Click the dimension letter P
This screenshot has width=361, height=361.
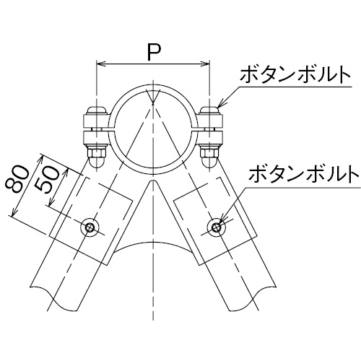[153, 53]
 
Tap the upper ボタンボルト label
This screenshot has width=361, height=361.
[295, 74]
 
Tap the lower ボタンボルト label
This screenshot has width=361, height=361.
[304, 173]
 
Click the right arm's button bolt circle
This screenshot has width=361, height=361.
[217, 227]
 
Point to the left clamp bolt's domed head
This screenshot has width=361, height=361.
[96, 110]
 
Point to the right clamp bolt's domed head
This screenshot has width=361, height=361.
[210, 110]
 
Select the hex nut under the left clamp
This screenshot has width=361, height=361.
[97, 152]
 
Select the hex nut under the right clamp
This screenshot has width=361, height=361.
[210, 152]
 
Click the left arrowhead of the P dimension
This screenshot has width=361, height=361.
[100, 64]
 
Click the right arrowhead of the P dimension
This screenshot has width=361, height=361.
[206, 64]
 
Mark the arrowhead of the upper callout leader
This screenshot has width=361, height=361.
[220, 105]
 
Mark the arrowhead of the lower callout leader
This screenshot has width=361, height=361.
[222, 218]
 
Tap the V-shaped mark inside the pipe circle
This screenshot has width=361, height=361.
[153, 97]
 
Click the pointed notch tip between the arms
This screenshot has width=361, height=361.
[153, 180]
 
